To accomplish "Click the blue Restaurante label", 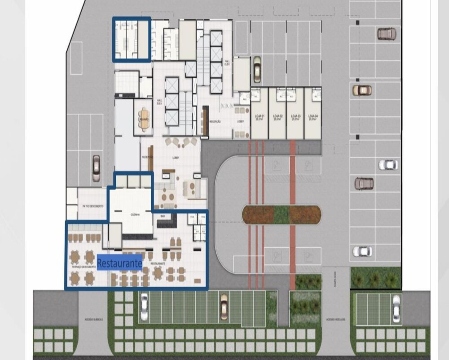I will pyautogui.click(x=120, y=262).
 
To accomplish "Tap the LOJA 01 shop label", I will pyautogui.click(x=260, y=117).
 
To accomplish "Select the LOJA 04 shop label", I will pyautogui.click(x=313, y=117).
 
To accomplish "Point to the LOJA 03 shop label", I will pyautogui.click(x=295, y=117).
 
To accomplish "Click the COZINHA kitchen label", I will pyautogui.click(x=135, y=215).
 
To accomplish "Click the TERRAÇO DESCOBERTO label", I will pyautogui.click(x=84, y=267).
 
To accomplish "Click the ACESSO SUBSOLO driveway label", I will pyautogui.click(x=93, y=319).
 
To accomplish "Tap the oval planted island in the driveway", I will pyautogui.click(x=282, y=215).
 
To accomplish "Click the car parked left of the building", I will pyautogui.click(x=96, y=168).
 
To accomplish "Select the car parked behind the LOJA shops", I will pyautogui.click(x=257, y=69).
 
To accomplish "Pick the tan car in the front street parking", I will pyautogui.click(x=224, y=307).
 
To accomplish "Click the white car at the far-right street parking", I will pyautogui.click(x=396, y=308).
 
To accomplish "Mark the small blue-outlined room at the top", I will pyautogui.click(x=132, y=39).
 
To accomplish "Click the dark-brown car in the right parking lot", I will pyautogui.click(x=364, y=183).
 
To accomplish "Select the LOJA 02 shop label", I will pyautogui.click(x=277, y=117).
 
